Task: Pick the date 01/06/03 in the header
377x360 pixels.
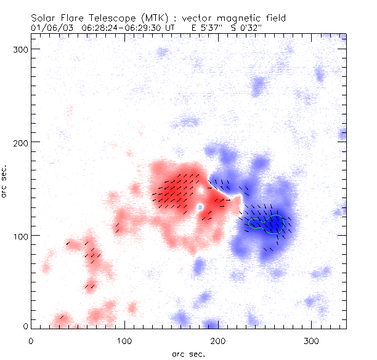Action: point(49,28)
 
